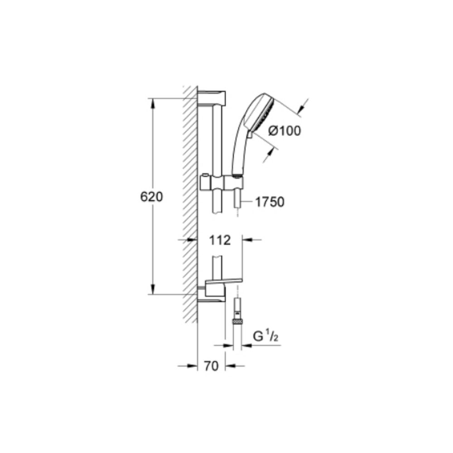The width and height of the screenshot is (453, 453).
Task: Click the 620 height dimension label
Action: [151, 197]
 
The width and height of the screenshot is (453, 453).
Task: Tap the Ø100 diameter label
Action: [284, 131]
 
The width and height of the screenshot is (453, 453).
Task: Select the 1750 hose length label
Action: [270, 202]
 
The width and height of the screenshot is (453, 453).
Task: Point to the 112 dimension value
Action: [220, 240]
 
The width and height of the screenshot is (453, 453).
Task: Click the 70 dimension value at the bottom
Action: [211, 366]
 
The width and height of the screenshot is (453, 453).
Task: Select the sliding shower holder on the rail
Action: [222, 183]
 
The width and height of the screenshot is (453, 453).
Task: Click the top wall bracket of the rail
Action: [212, 99]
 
